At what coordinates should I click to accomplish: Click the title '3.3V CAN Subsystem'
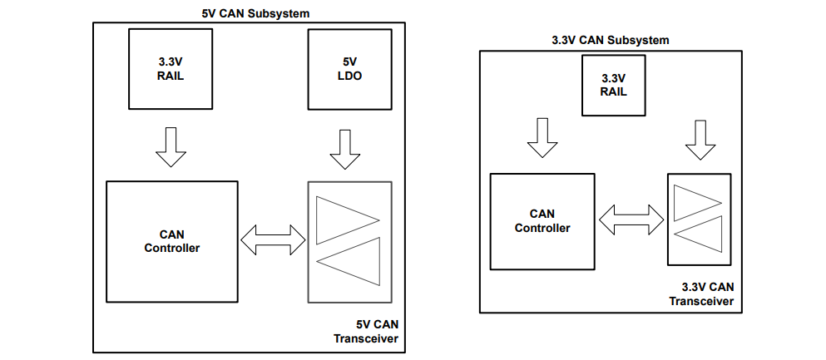click(611, 40)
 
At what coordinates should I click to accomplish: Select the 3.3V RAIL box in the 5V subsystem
click(170, 69)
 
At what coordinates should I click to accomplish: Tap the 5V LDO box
click(349, 69)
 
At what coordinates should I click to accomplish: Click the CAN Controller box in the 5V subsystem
click(172, 241)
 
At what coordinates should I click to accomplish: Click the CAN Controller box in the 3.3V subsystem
click(542, 221)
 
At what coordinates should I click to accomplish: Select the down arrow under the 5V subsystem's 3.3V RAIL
click(171, 147)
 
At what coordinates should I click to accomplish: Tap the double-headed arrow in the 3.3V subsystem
click(631, 219)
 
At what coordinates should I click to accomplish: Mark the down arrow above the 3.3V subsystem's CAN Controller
click(542, 137)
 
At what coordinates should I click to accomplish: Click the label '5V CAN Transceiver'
click(365, 331)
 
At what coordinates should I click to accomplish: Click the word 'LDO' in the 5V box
click(349, 76)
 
